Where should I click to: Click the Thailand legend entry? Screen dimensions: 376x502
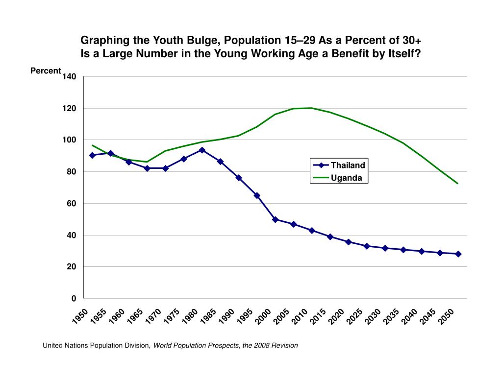point(348,165)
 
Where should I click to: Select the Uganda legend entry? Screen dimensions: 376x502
point(346,178)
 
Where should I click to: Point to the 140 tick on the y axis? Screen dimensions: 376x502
point(70,77)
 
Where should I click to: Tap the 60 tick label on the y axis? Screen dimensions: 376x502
point(72,203)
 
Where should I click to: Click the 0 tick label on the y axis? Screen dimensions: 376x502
point(74,299)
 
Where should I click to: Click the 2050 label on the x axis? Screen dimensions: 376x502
point(446,317)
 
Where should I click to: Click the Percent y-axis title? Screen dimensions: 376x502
point(46,71)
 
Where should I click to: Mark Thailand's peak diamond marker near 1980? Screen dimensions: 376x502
point(202,150)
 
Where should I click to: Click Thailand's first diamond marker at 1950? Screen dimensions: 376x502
point(92,155)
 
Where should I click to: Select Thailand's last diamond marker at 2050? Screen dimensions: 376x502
point(458,254)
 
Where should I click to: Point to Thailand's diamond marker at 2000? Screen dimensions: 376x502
point(275,219)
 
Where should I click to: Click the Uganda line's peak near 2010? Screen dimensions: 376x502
point(311,108)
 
